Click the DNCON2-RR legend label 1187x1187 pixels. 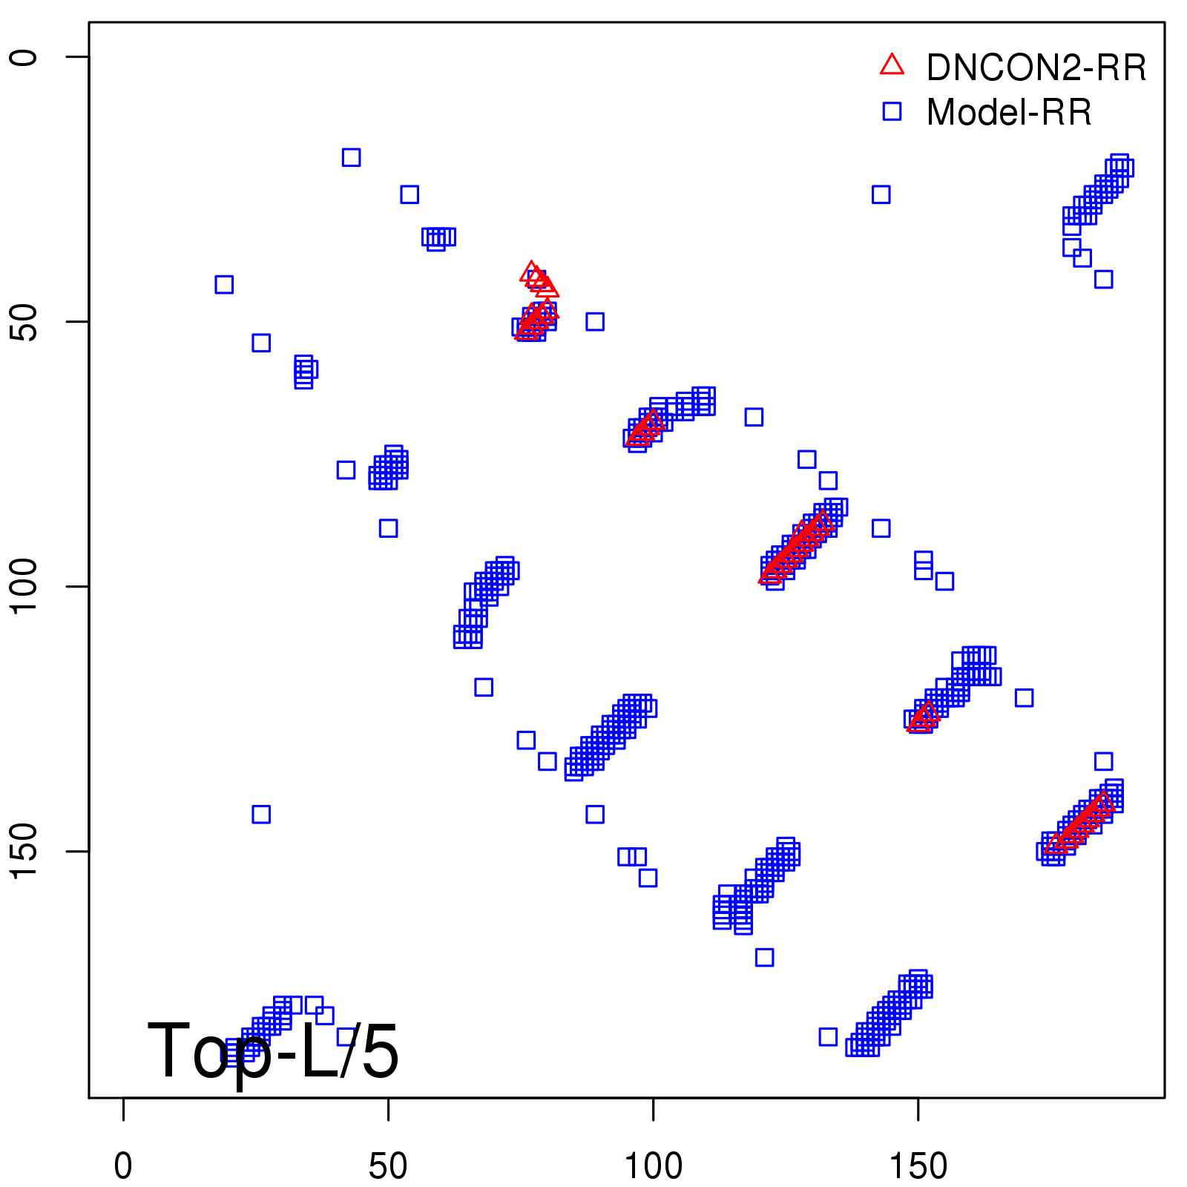point(1036,68)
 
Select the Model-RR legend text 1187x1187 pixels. point(1009,113)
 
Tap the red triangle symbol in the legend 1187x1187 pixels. point(892,65)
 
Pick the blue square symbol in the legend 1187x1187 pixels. point(892,111)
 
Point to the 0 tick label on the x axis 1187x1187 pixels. point(123,1166)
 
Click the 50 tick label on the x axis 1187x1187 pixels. point(388,1166)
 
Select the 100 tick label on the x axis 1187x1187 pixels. point(653,1166)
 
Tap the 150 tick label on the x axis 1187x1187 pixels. point(918,1166)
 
